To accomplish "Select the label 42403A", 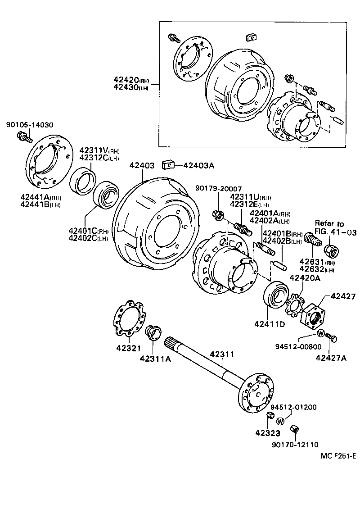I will tap(198, 165).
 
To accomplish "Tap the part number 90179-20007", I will tap(218, 188).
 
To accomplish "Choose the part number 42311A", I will tap(155, 359).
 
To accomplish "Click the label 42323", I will tap(268, 433).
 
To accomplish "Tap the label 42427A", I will tap(331, 358).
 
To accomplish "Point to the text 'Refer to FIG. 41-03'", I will tap(335, 228).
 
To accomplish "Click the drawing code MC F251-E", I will tap(338, 456).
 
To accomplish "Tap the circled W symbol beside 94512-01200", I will tap(280, 421).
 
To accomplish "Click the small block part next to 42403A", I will tap(168, 165).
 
